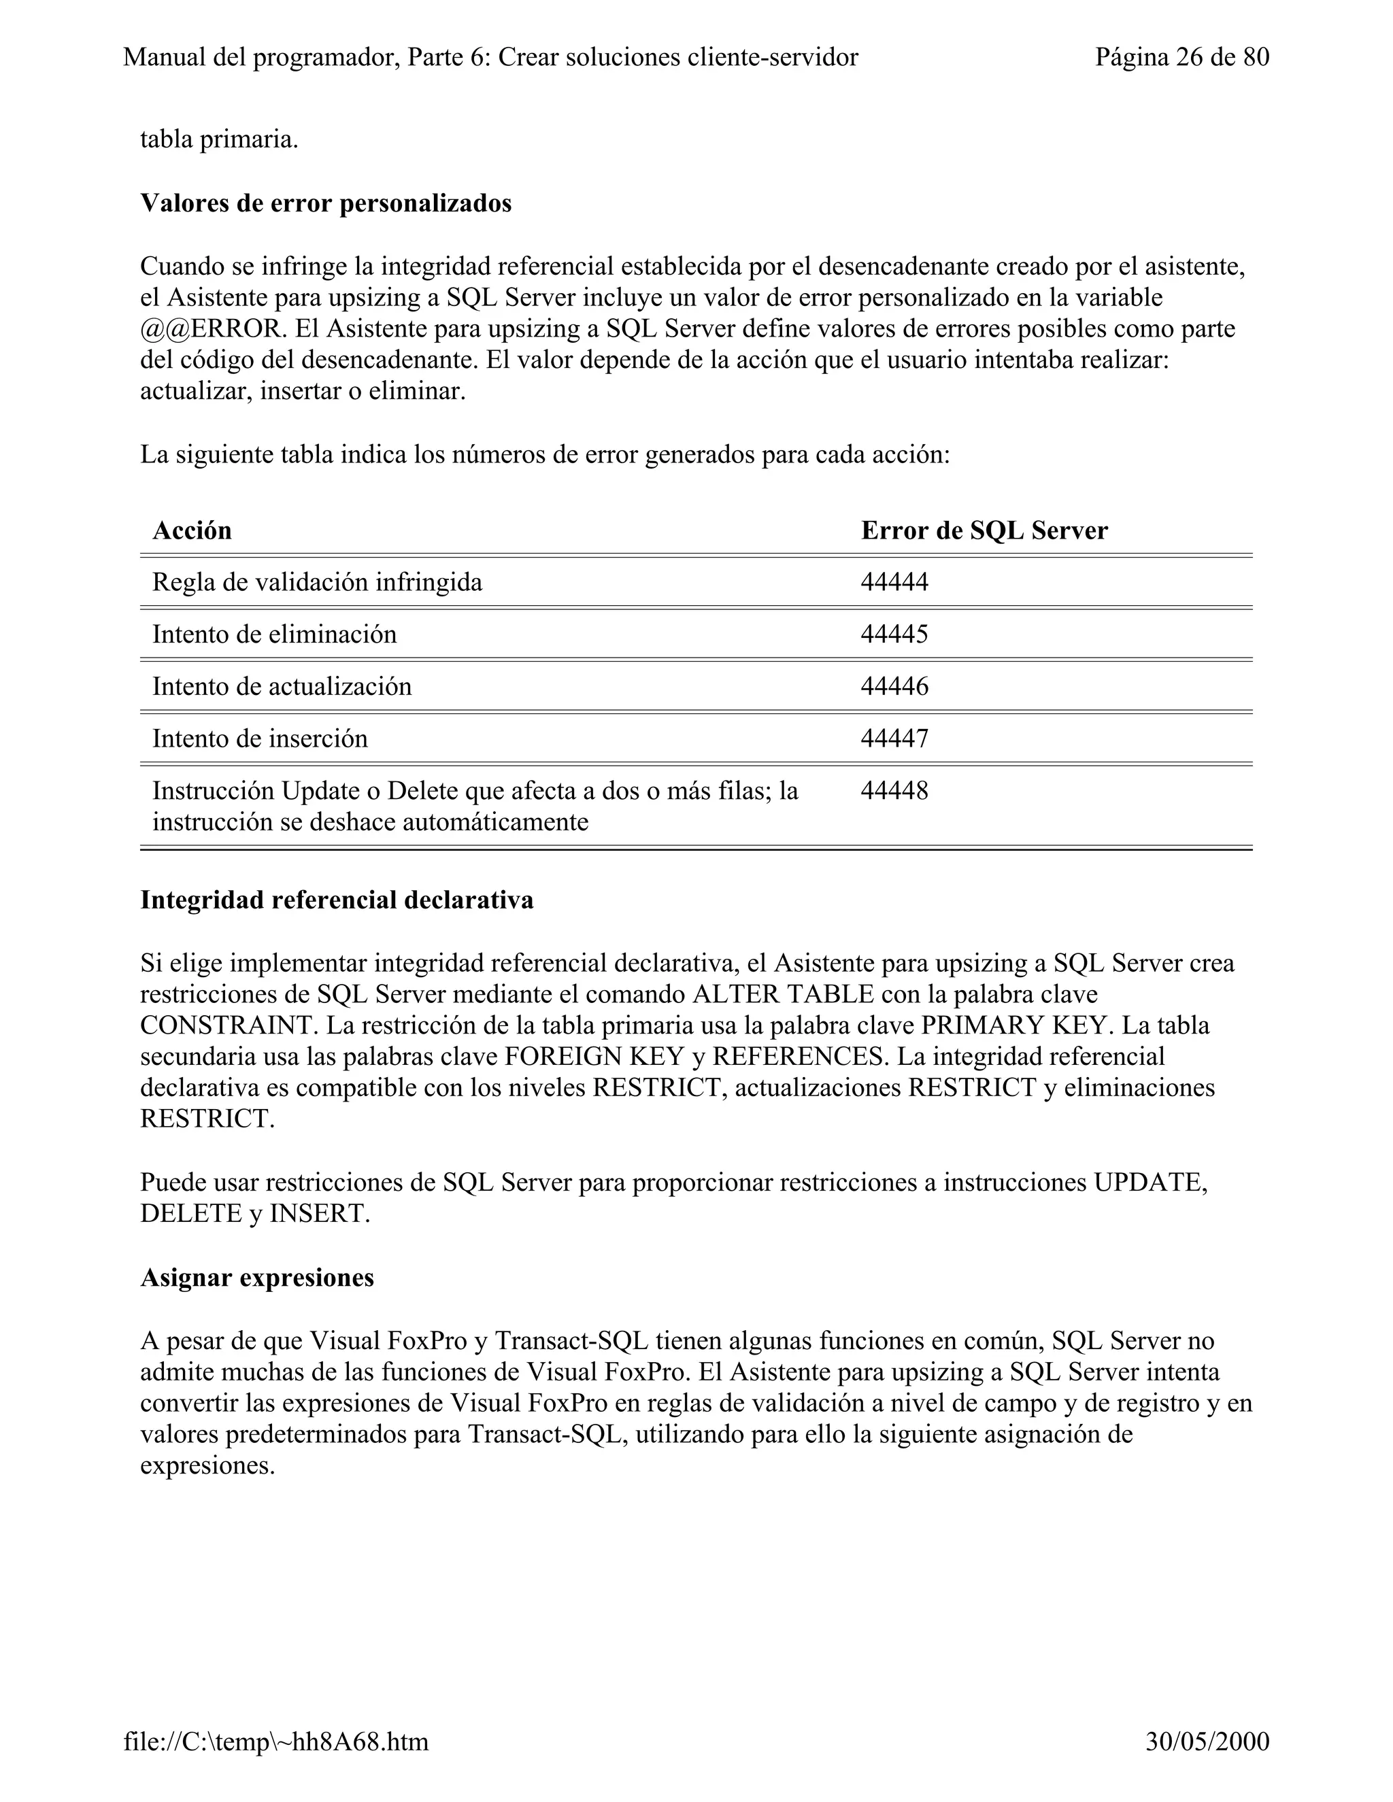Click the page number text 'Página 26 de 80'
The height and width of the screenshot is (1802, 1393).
1181,57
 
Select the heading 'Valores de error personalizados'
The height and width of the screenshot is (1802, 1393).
326,203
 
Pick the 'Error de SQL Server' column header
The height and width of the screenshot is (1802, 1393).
984,530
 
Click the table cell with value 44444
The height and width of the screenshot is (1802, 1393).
894,583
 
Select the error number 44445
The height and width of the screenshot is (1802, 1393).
894,634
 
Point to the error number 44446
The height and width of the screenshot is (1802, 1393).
894,687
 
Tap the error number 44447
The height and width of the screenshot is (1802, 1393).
894,738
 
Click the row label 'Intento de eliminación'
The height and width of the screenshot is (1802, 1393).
274,634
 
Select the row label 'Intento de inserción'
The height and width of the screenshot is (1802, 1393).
260,738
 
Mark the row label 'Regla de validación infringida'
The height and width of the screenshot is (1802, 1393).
317,583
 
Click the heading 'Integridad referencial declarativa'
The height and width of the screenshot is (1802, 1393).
337,900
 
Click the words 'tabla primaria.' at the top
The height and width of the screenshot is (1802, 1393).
219,139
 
